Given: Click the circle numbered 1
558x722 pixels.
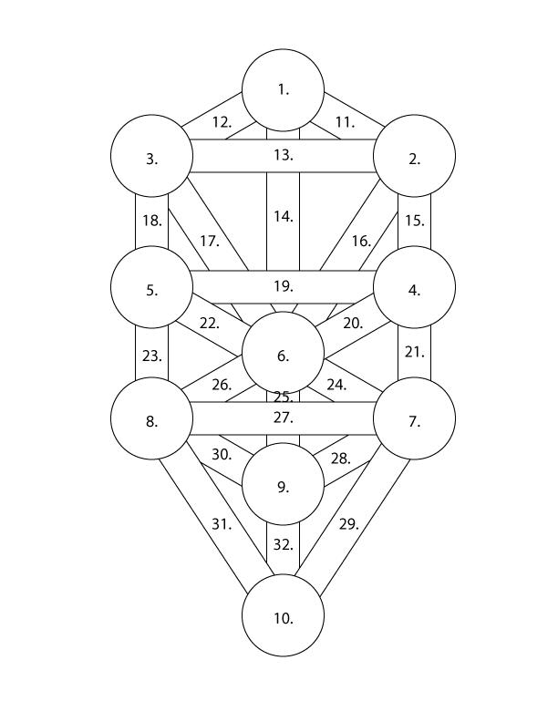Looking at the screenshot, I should coord(283,89).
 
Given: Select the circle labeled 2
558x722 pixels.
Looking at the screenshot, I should coord(414,159).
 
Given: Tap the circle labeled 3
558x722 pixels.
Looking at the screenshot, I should coord(151,159).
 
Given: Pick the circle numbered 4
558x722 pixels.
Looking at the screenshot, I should coord(414,290).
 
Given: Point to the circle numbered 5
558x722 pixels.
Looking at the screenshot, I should coord(151,290).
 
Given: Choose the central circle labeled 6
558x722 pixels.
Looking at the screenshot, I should coord(283,356).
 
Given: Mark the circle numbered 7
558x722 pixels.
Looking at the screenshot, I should coord(414,421).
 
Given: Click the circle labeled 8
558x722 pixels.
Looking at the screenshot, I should coord(151,421).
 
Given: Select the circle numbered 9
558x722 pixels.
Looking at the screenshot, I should coord(283,487).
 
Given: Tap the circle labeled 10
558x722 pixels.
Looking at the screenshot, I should coord(283,618).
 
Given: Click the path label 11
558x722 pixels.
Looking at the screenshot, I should coord(345,121).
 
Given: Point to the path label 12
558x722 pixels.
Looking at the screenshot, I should coord(222,121).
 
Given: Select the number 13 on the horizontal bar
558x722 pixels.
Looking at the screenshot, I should coord(283,155).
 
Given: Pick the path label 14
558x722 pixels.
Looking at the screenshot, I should coord(283,217).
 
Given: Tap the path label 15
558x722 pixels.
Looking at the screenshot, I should coord(414,221).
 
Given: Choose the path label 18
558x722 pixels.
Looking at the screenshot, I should coord(151,221).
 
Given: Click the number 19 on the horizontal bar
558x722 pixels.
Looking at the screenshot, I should coord(283,286).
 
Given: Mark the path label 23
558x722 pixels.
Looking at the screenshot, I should coord(151,356).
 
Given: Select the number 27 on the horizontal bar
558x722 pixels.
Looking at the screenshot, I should coord(283,418).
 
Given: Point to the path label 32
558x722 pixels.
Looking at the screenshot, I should coord(283,545).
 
